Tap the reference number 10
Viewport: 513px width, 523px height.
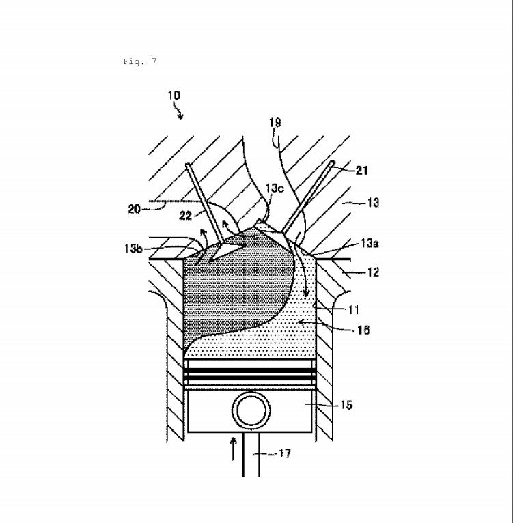[x=174, y=96]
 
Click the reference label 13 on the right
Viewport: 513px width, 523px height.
[x=373, y=202]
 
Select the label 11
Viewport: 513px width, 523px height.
[x=353, y=309]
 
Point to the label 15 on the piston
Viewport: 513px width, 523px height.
[x=346, y=406]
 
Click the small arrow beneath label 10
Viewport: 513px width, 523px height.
[x=182, y=114]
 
